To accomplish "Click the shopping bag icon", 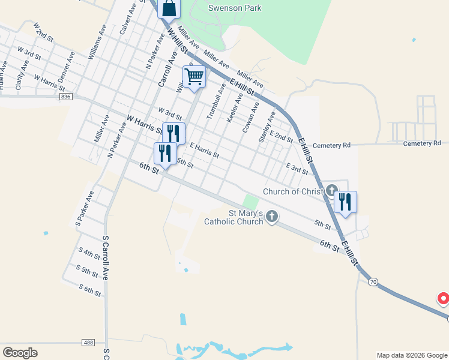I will pos(169,8).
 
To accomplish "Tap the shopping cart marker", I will pos(194,77).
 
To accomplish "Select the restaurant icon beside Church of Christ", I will pos(345,202).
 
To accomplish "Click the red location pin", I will pos(444,298).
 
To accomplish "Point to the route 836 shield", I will pos(66,96).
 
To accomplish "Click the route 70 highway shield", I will pos(373,281).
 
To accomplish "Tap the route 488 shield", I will pos(88,342).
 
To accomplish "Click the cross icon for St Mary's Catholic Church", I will pos(272,216).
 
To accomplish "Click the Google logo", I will pos(20,352).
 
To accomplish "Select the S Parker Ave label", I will pos(85,208).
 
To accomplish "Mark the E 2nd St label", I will pos(281,136).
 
